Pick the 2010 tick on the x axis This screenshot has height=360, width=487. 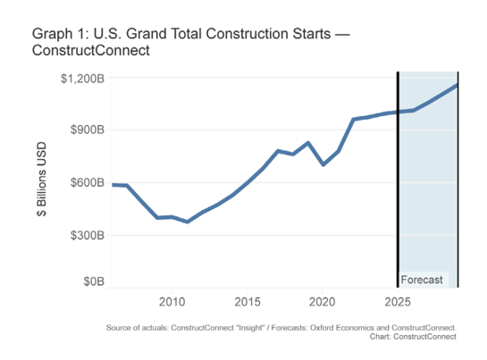[172, 301]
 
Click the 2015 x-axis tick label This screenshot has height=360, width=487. [248, 301]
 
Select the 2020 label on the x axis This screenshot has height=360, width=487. [323, 301]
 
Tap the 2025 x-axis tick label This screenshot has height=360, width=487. [398, 301]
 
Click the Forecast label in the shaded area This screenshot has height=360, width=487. [422, 280]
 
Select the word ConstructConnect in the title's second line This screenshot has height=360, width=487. [89, 51]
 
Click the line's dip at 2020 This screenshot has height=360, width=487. [323, 164]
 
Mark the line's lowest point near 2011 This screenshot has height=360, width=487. [187, 222]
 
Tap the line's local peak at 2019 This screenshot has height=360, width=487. [308, 143]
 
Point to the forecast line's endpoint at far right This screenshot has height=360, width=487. [458, 85]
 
